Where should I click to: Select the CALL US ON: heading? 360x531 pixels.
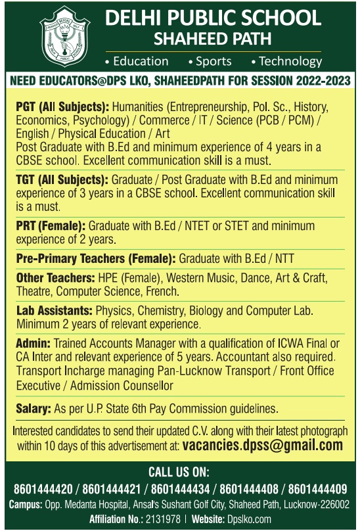(180, 472)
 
